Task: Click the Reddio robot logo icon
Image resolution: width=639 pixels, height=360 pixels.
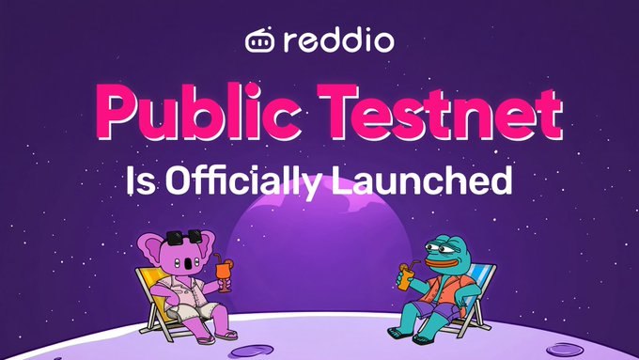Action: (x=259, y=40)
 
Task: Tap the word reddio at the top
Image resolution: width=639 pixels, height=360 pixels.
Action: (x=339, y=39)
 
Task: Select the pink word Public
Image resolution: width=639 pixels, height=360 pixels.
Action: (x=198, y=111)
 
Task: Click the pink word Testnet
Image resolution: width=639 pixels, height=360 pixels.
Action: (x=440, y=112)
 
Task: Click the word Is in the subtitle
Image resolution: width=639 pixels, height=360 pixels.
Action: (x=141, y=180)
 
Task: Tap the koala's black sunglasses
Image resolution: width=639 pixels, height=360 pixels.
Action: (x=184, y=237)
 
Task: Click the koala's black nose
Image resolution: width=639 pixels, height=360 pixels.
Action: (x=189, y=263)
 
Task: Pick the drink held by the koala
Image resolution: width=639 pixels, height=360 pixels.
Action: (x=224, y=273)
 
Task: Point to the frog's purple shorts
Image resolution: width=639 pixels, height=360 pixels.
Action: (x=433, y=311)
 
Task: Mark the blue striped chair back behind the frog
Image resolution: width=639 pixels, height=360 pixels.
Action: (x=481, y=281)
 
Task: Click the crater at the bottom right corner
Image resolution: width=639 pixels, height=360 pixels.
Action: (x=565, y=350)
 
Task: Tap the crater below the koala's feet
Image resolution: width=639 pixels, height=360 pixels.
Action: (x=252, y=351)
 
